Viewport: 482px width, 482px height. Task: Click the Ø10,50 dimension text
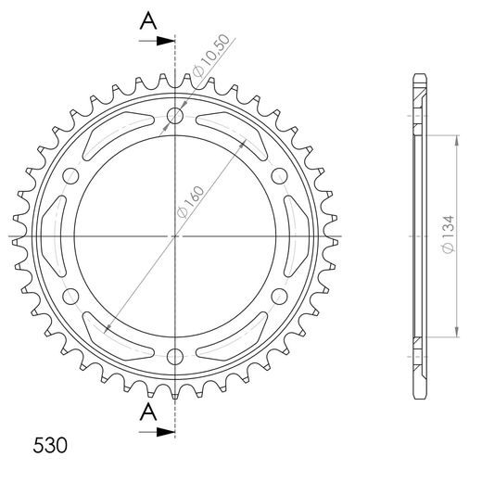(x=211, y=56)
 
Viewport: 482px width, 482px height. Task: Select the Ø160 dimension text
(x=190, y=202)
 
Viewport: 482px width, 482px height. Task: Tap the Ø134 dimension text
(x=448, y=235)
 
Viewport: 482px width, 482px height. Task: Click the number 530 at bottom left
(x=50, y=446)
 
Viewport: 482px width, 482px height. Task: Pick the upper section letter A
(x=148, y=20)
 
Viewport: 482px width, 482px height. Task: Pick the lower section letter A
(x=148, y=412)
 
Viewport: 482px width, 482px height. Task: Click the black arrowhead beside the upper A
(x=166, y=41)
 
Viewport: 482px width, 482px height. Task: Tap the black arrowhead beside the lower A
(x=166, y=432)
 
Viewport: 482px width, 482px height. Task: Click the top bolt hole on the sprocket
(x=175, y=116)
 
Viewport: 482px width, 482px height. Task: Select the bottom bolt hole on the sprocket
(x=175, y=357)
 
